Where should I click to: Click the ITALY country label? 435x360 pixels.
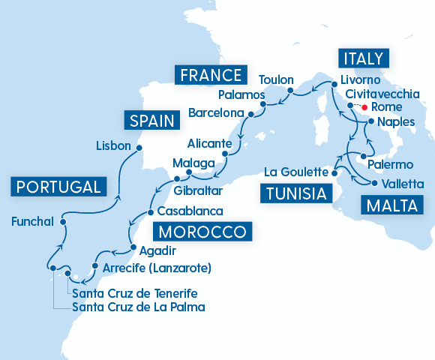364,59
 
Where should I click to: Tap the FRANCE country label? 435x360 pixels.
210,75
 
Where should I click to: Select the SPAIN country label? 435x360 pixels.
152,121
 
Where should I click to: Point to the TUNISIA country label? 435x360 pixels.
296,194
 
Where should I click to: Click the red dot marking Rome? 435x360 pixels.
364,108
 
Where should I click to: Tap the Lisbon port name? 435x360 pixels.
114,146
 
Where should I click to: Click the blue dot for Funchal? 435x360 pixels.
63,222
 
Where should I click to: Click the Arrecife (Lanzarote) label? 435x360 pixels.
157,267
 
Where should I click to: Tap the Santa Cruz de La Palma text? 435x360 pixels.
139,307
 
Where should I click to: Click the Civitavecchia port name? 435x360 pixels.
382,94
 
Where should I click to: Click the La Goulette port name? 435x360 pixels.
296,172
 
